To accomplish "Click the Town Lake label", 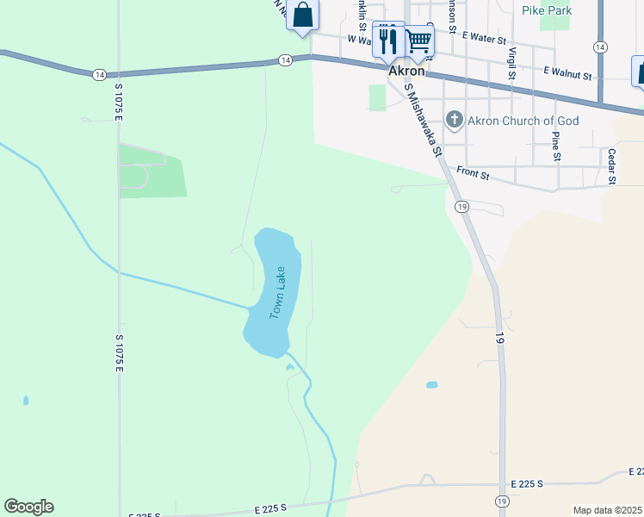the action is pyautogui.click(x=277, y=293).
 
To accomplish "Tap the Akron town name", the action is pyautogui.click(x=407, y=72).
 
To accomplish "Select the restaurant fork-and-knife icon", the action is pyautogui.click(x=388, y=40).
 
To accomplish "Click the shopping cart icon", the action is pyautogui.click(x=418, y=40).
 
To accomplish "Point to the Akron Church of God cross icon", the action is pyautogui.click(x=455, y=120).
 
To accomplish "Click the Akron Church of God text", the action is pyautogui.click(x=523, y=121).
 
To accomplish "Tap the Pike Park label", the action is pyautogui.click(x=547, y=10).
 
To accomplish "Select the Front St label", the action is pyautogui.click(x=473, y=175).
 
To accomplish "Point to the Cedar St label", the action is pyautogui.click(x=612, y=166).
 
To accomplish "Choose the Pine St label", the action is pyautogui.click(x=556, y=146).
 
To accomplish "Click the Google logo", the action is pyautogui.click(x=28, y=507).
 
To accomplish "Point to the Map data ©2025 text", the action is pyautogui.click(x=607, y=510).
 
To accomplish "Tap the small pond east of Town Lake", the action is pyautogui.click(x=431, y=384).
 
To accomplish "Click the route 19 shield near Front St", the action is pyautogui.click(x=462, y=207).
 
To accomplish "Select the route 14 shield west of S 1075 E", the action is pyautogui.click(x=101, y=74).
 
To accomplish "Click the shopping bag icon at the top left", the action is pyautogui.click(x=302, y=15).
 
